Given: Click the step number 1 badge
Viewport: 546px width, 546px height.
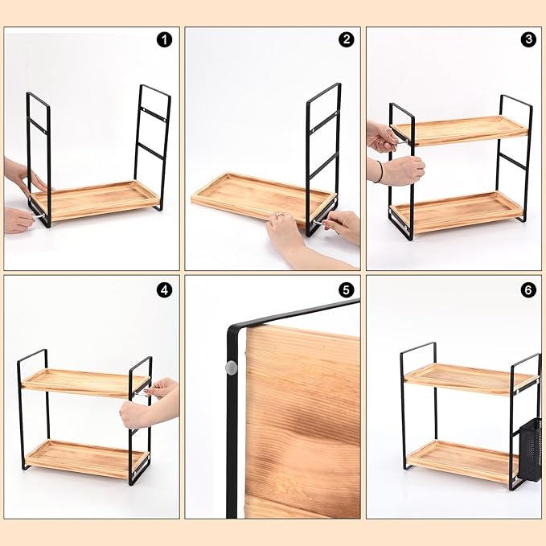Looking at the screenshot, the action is (x=164, y=40).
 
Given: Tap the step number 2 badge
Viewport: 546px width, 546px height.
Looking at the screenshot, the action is (x=346, y=39).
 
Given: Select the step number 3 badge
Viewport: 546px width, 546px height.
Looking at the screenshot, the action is (x=528, y=39).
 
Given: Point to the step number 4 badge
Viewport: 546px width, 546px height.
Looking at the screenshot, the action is (x=164, y=289).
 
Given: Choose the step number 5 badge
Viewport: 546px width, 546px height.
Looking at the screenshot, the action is (x=346, y=289).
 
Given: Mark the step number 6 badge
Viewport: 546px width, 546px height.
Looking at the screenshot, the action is (x=528, y=289).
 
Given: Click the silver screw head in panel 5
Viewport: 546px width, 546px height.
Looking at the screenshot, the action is (x=232, y=367).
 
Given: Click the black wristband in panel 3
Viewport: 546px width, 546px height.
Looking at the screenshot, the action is (x=380, y=171).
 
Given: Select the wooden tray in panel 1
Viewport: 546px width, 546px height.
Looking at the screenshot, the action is (x=95, y=200).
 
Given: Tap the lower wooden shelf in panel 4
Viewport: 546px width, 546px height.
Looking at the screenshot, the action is (x=87, y=459).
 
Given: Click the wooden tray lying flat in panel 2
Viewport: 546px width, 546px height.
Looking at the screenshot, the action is (x=263, y=198).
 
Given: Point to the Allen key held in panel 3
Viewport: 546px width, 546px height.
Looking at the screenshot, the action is (x=400, y=141).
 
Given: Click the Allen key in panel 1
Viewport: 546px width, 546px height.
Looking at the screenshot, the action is (x=39, y=216).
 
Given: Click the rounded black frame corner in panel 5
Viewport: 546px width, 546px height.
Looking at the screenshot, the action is (x=232, y=330).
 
